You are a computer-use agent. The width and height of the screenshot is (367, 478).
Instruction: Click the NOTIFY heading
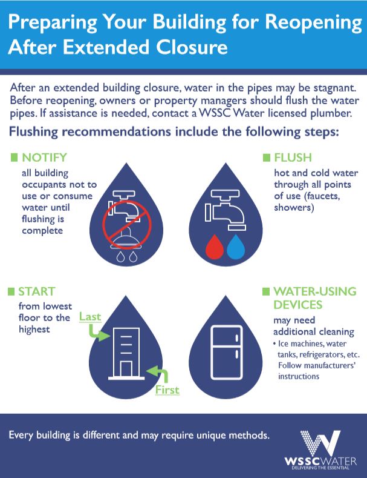pyautogui.click(x=44, y=158)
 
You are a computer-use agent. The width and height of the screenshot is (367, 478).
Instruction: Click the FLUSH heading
pyautogui.click(x=293, y=158)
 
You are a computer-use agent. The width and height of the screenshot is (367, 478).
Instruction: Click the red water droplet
pyautogui.click(x=215, y=247)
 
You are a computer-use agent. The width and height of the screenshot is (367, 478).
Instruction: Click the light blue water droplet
pyautogui.click(x=236, y=247)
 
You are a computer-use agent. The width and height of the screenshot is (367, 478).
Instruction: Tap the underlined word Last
pyautogui.click(x=90, y=316)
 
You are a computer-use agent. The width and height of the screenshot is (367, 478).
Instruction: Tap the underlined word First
pyautogui.click(x=167, y=390)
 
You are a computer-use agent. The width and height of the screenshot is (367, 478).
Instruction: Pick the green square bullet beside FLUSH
pyautogui.click(x=266, y=158)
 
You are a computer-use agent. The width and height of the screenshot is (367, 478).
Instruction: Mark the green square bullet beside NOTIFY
pyautogui.click(x=15, y=158)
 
